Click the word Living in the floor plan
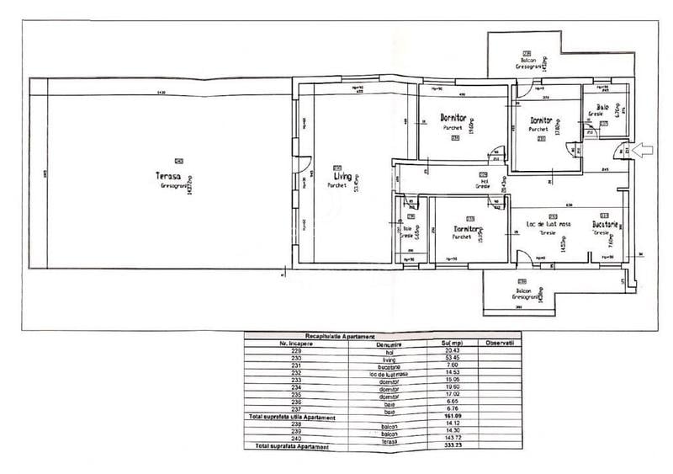coord(342,177)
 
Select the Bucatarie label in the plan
coord(605,225)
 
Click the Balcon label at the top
coord(527,60)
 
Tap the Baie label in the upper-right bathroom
coord(602,107)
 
